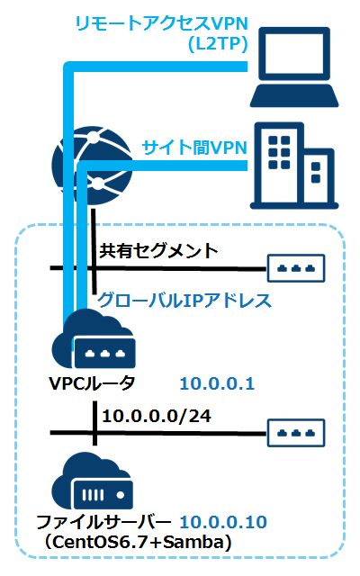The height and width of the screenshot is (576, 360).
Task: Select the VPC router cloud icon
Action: click(x=94, y=341)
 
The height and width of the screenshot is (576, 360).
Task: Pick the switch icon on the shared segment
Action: click(x=296, y=268)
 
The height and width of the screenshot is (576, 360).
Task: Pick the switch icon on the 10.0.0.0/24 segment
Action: click(x=296, y=433)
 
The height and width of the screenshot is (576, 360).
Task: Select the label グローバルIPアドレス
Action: click(x=184, y=300)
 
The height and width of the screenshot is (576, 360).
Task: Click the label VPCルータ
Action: click(x=93, y=384)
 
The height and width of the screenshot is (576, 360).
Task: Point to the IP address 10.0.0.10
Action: click(x=223, y=523)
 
